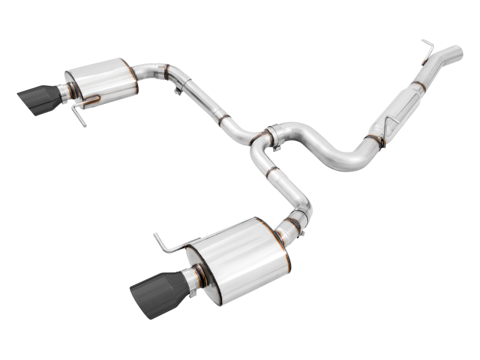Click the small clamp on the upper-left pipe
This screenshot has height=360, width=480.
click(x=178, y=89)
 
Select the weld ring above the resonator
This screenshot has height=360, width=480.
click(x=419, y=85)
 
